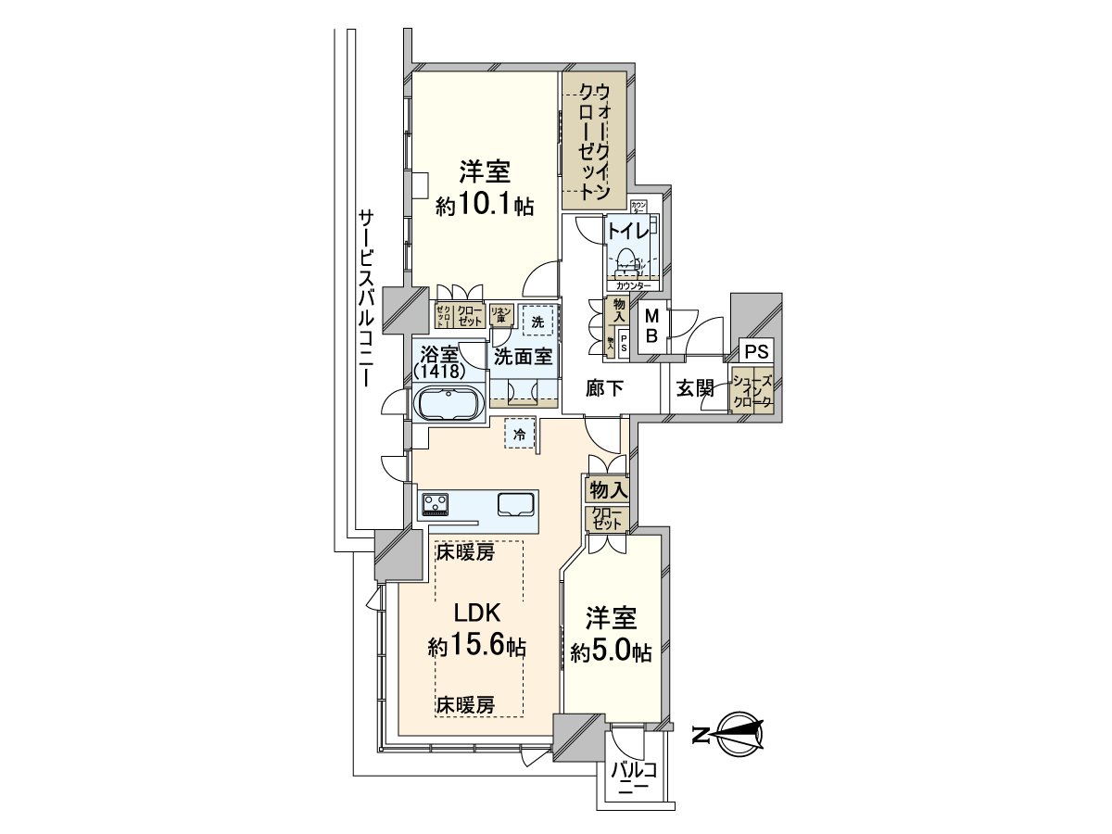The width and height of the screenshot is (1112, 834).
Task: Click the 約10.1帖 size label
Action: click(x=485, y=206)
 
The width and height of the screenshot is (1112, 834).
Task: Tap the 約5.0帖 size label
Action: click(x=611, y=651)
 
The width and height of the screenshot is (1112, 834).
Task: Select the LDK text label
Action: click(x=477, y=613)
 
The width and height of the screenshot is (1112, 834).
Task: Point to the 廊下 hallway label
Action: click(x=605, y=389)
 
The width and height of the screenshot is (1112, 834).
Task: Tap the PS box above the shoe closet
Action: click(x=755, y=353)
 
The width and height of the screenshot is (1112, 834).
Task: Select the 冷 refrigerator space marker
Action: click(x=520, y=433)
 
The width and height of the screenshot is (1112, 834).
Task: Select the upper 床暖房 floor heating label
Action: click(x=466, y=553)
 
